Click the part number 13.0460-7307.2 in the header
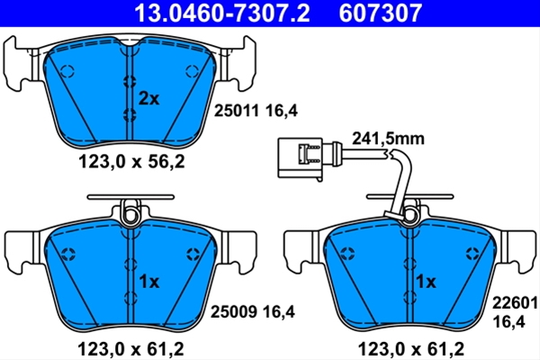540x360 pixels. point(221,13)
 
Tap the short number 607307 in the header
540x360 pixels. point(380,13)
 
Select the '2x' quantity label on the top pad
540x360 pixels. point(148,99)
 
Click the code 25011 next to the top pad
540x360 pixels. point(236,111)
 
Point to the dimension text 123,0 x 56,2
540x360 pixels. point(131,161)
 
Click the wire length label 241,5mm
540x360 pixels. point(388,139)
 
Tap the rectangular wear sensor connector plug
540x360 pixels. point(301,157)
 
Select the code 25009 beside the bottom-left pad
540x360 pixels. point(233,312)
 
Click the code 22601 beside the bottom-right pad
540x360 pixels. point(515,303)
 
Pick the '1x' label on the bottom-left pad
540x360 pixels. point(149,282)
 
